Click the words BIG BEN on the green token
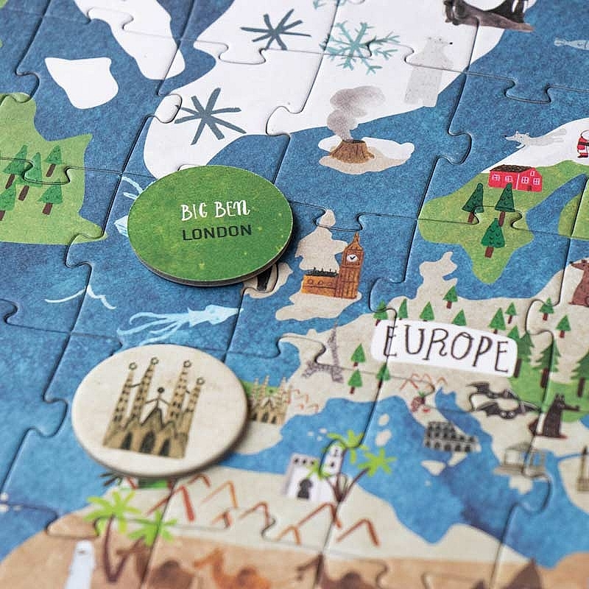[x=216, y=211]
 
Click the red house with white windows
[x=515, y=177]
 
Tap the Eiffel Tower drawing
[x=328, y=356]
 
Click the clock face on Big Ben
[x=353, y=258]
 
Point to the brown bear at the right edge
[x=580, y=283]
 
